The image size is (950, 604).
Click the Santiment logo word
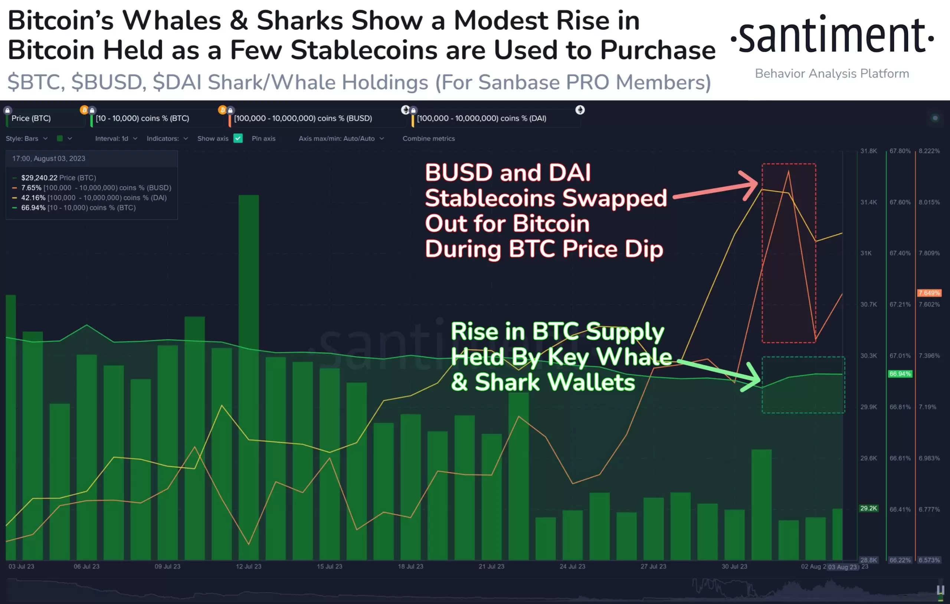click(832, 36)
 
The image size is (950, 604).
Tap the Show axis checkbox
click(238, 138)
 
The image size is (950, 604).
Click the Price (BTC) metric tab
click(31, 118)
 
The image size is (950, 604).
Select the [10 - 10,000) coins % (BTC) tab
click(142, 118)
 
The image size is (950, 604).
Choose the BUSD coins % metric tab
click(302, 118)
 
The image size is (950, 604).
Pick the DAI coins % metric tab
click(481, 118)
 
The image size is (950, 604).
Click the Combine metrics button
click(429, 138)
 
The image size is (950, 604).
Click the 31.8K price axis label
click(868, 151)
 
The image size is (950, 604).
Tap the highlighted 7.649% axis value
click(929, 293)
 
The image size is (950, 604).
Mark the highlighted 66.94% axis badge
click(900, 373)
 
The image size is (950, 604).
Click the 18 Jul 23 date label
click(410, 567)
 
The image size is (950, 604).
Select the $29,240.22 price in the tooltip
click(39, 178)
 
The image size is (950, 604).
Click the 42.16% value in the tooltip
click(33, 198)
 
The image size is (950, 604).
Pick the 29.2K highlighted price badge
click(868, 509)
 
